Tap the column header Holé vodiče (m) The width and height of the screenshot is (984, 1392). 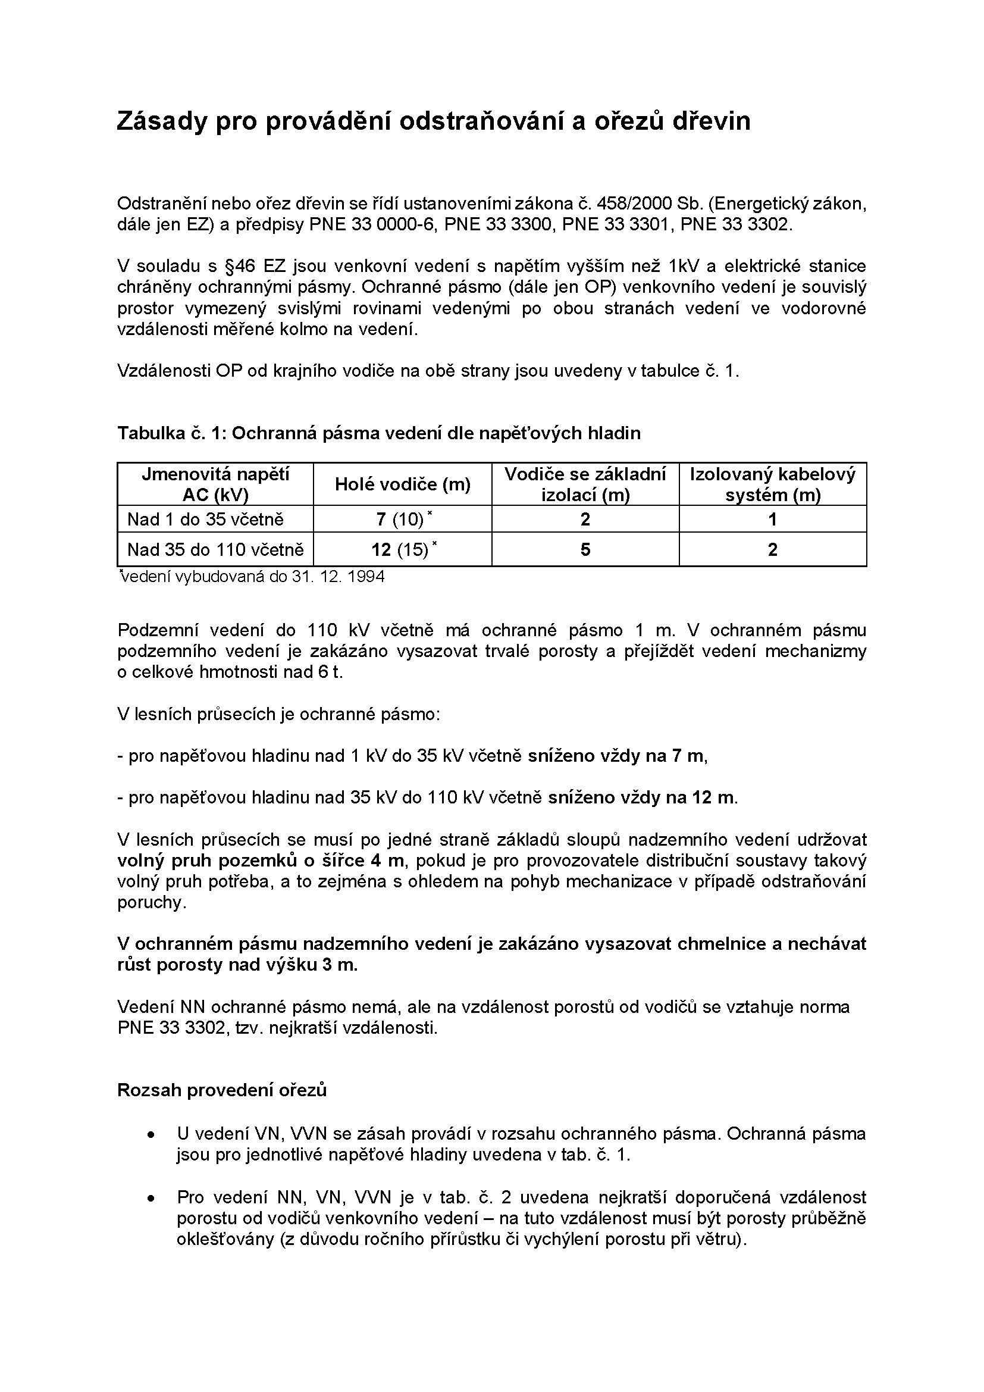(403, 484)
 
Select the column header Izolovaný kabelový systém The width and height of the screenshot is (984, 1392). (773, 484)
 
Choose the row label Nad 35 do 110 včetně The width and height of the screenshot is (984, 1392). (215, 550)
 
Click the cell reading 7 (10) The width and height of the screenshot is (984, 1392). (400, 520)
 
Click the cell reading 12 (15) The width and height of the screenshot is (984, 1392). (400, 550)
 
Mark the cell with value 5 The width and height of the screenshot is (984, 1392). (585, 550)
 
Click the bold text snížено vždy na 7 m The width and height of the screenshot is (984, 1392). (616, 756)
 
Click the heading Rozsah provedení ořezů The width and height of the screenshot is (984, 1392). (222, 1090)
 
